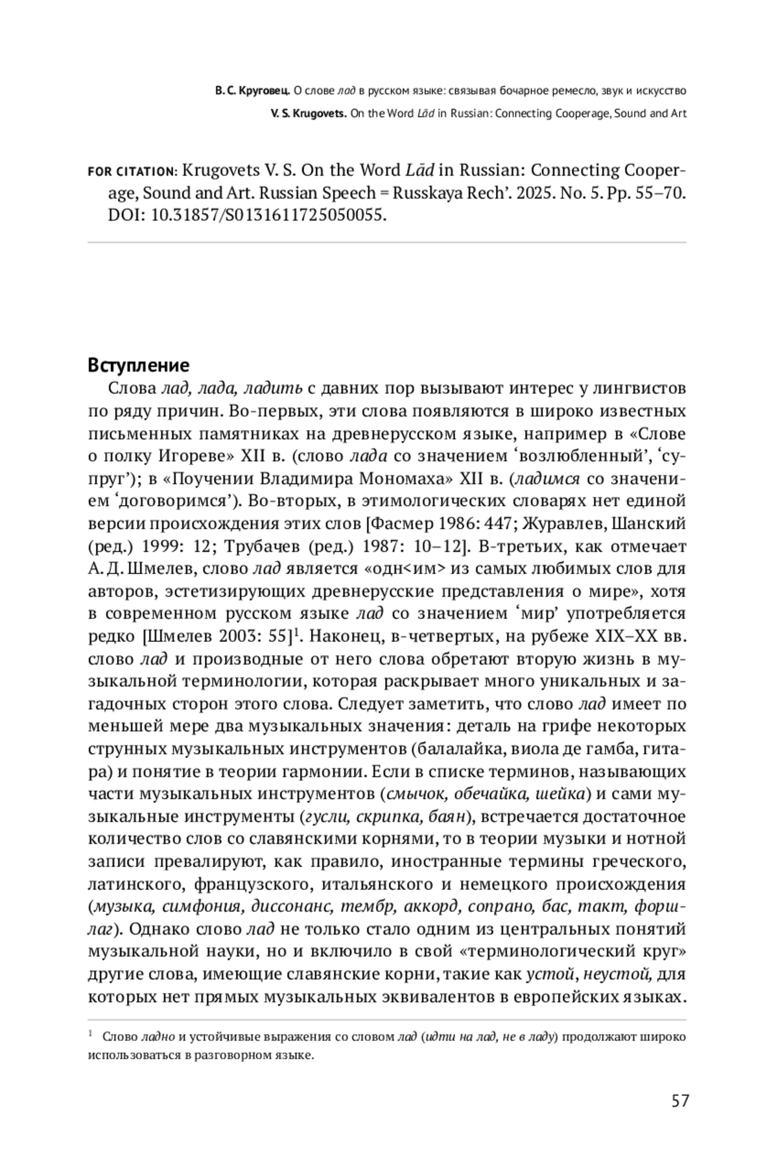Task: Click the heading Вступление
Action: [x=138, y=365]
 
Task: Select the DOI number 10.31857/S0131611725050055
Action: [x=268, y=215]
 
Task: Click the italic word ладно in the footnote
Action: [x=158, y=1036]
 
